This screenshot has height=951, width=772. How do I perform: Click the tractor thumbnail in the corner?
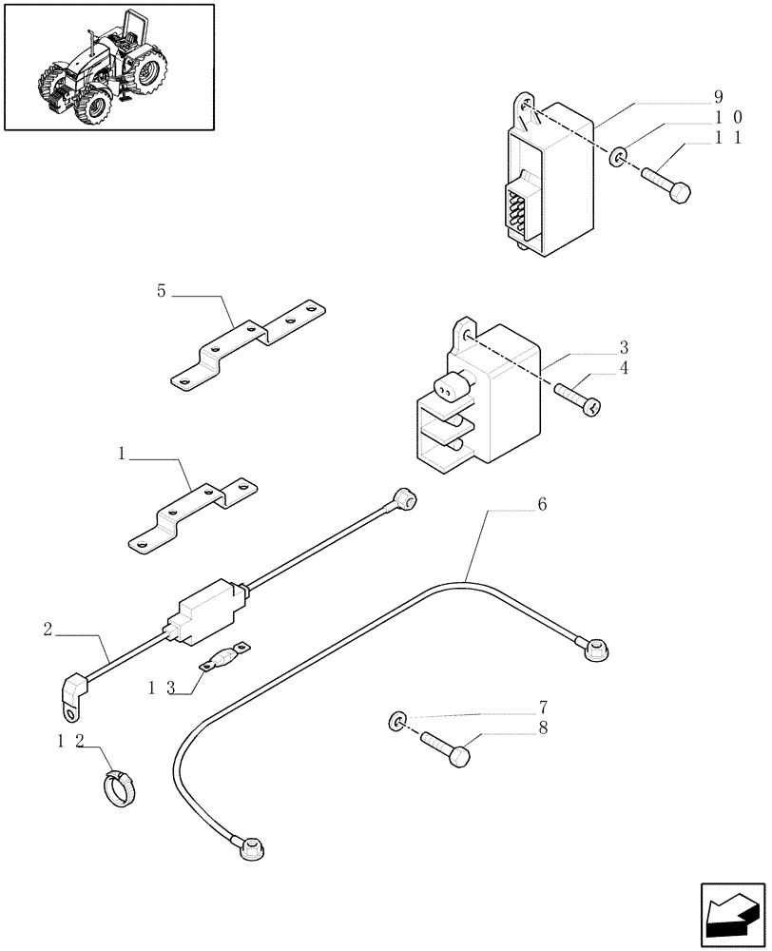coord(107,67)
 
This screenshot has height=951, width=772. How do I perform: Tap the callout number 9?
coord(719,97)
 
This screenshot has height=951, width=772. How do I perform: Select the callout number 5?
coord(162,291)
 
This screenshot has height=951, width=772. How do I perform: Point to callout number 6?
coord(542,505)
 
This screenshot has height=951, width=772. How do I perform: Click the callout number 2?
coord(48,628)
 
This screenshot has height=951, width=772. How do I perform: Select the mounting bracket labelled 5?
coord(247,342)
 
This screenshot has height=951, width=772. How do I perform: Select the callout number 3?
coord(624,347)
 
